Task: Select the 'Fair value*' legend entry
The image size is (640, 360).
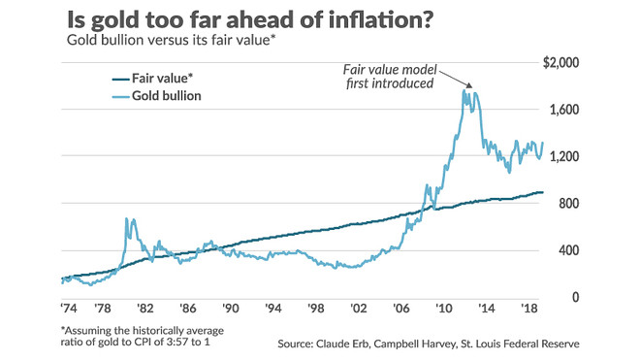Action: coord(152,78)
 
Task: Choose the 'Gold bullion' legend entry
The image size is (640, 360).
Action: coord(157,96)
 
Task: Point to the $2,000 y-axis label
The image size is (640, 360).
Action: coord(560,62)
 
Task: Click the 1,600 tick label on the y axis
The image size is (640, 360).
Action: coord(564,110)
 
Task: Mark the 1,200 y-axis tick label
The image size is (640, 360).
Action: coord(564,156)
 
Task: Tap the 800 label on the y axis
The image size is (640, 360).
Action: coord(569,204)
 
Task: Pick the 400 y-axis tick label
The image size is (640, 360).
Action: coord(569,250)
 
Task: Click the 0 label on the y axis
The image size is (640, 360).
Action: coord(575,297)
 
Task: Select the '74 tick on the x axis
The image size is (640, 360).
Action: coord(69,309)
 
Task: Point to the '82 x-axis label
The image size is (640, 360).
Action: coord(144,309)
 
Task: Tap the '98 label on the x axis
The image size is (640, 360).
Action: coord(315,309)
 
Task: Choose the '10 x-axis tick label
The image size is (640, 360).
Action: coord(443,309)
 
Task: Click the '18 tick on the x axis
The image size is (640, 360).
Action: coord(529,309)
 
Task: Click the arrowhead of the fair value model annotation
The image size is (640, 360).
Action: coord(469,85)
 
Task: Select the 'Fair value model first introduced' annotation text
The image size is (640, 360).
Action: coord(390,77)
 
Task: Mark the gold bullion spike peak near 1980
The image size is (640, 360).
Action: coord(126,219)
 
